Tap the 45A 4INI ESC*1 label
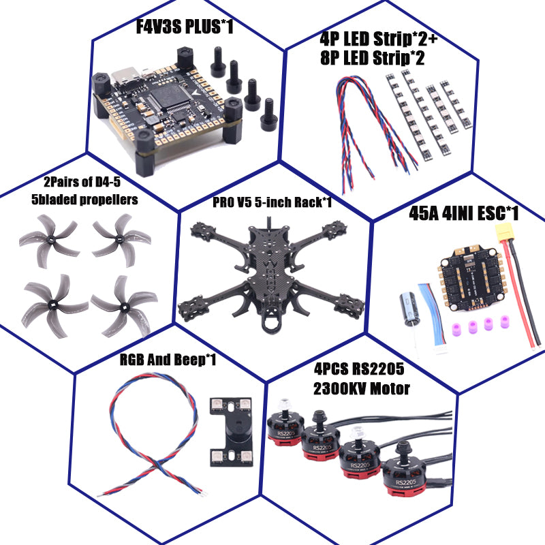463,214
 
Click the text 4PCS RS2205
359,370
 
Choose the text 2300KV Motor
361,389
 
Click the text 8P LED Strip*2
372,59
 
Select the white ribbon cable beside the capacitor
430,313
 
